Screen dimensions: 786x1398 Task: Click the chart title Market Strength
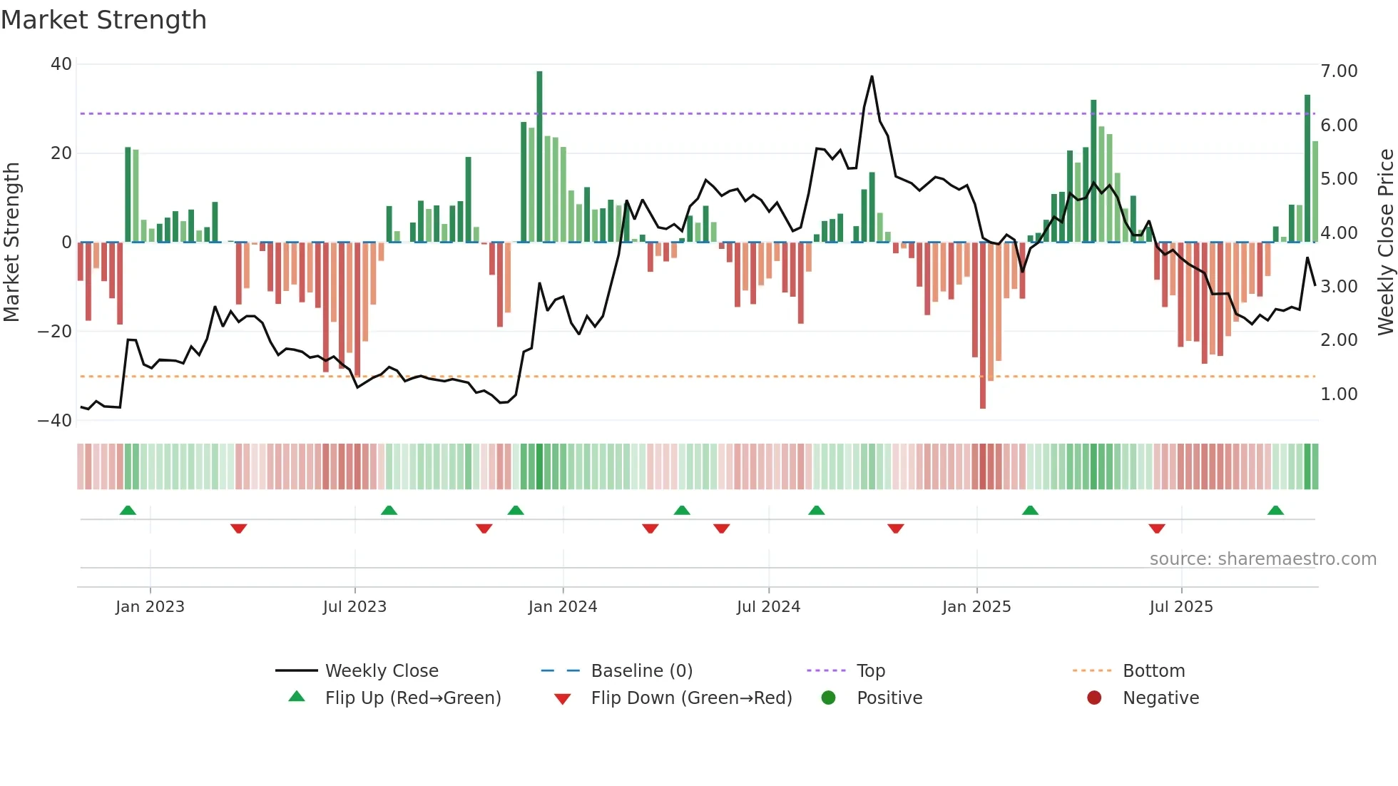[103, 20]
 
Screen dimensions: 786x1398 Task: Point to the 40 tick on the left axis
[61, 64]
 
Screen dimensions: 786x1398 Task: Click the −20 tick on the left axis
[55, 332]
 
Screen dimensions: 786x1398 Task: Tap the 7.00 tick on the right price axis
[1339, 71]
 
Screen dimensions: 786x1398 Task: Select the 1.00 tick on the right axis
[1339, 394]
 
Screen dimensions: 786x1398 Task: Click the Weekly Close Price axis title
[1385, 243]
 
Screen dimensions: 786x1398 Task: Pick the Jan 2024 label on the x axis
[563, 607]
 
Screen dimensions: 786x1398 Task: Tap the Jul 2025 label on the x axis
[1181, 607]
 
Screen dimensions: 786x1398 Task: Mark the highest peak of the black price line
[872, 77]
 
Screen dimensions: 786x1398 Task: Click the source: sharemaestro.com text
[1262, 559]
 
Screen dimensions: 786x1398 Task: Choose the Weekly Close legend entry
[381, 671]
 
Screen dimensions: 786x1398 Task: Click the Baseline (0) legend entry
[641, 671]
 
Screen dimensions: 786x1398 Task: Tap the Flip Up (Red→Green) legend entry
[412, 698]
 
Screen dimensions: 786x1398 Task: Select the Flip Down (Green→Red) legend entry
[690, 698]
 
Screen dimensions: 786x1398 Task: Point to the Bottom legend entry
[1153, 671]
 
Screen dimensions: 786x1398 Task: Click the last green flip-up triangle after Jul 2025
[1275, 511]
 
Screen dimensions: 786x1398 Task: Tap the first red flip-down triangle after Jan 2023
[239, 529]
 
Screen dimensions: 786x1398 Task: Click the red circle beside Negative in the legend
[1094, 698]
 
